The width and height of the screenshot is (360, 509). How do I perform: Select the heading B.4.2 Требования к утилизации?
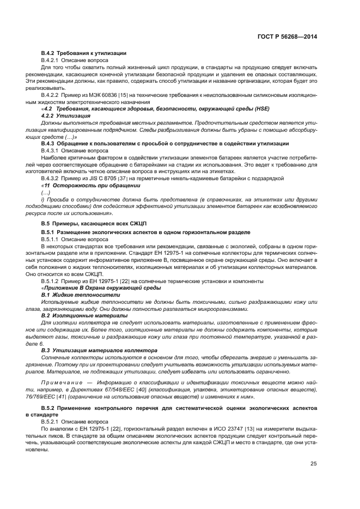pyautogui.click(x=84, y=53)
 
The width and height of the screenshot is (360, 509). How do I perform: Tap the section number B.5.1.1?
pyautogui.click(x=50, y=239)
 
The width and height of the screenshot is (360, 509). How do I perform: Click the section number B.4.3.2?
pyautogui.click(x=50, y=179)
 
